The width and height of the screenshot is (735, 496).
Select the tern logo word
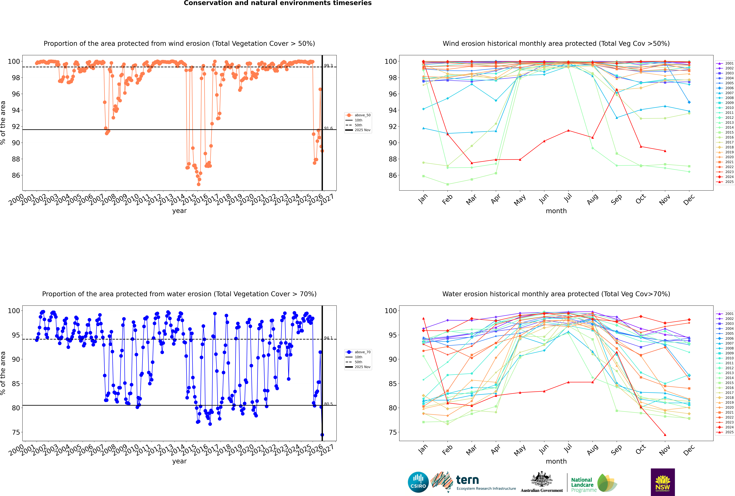coord(467,480)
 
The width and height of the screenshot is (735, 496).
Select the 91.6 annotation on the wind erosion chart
coord(328,128)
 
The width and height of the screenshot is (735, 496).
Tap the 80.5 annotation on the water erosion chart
coord(328,404)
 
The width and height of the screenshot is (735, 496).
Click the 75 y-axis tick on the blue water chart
coord(16,432)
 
